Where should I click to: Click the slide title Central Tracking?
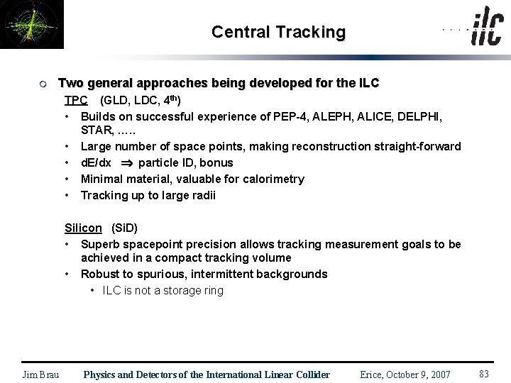[x=278, y=32]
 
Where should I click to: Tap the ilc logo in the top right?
[x=487, y=28]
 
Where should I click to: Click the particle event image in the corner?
[x=31, y=24]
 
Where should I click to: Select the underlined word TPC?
[x=76, y=100]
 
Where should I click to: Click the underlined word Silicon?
[x=83, y=228]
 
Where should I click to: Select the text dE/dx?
[x=96, y=162]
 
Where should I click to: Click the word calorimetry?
[x=273, y=179]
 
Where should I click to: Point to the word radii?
[x=202, y=195]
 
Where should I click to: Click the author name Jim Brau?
[x=40, y=374]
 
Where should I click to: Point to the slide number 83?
[x=485, y=374]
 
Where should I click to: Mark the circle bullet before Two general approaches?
[x=43, y=84]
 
